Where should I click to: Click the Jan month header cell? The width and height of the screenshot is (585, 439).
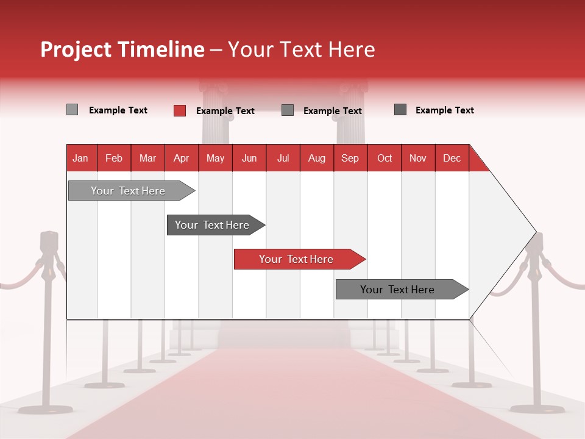80,158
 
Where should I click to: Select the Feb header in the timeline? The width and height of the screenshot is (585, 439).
114,158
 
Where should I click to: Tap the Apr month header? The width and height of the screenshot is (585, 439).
182,158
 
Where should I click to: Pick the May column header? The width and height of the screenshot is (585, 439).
215,158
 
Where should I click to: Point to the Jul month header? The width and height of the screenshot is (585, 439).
283,158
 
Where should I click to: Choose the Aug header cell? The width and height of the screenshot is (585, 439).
317,158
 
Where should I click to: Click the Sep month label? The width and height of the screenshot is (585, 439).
350,158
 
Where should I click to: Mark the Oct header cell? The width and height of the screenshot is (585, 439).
385,158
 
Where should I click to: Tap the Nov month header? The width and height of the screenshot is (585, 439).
418,158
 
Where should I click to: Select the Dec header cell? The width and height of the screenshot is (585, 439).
452,158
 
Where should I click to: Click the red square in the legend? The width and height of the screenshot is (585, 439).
179,110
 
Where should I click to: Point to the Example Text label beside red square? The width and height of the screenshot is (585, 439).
225,111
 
